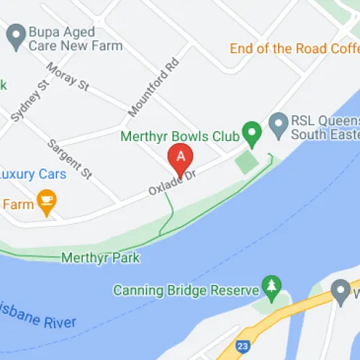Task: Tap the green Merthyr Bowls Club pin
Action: click(x=251, y=132)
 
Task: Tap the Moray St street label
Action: click(x=67, y=76)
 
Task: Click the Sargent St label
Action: click(x=71, y=158)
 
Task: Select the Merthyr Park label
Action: click(x=101, y=257)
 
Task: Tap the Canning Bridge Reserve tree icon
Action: click(x=271, y=287)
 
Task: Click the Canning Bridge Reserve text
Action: click(x=186, y=291)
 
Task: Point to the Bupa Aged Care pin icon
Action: click(x=15, y=33)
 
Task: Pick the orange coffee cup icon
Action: click(x=47, y=203)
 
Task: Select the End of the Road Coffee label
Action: click(x=294, y=49)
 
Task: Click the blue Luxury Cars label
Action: click(x=32, y=174)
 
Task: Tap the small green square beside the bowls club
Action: click(x=246, y=161)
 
